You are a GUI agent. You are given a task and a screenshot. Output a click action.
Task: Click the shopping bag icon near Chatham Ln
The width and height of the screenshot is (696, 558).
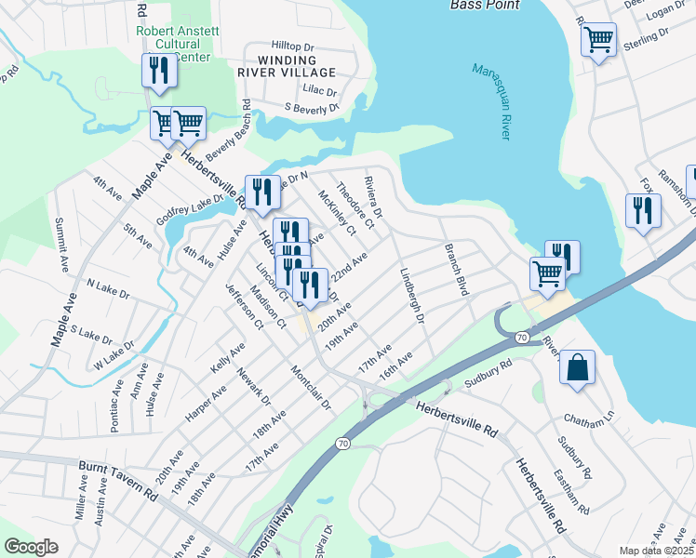[x=577, y=365]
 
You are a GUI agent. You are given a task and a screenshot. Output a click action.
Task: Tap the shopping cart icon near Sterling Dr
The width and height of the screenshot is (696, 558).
[x=598, y=39]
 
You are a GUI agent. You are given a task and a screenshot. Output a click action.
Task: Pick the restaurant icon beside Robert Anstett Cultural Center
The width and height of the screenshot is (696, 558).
[x=159, y=71]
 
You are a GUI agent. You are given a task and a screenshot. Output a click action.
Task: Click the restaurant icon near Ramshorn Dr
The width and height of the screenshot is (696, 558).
[x=643, y=209]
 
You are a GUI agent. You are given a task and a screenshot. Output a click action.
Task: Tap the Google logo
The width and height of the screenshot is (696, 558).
[x=31, y=547]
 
